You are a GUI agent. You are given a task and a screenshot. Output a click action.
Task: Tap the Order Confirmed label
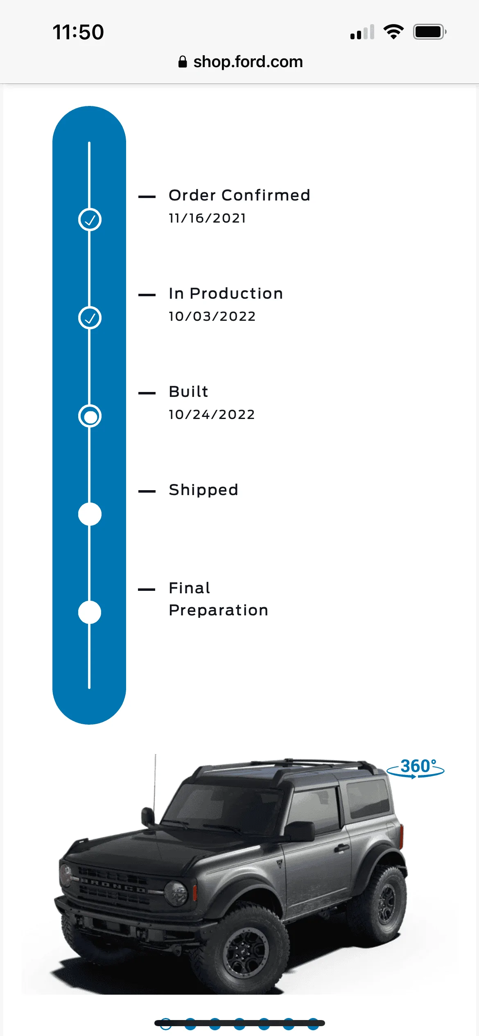pos(239,195)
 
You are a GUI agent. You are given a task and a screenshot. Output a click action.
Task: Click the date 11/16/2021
pos(208,218)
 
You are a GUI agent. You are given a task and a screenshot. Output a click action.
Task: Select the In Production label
pos(226,293)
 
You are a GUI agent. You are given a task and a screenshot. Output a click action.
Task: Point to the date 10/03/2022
pos(212,316)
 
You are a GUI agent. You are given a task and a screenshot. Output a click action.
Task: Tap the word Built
pos(189,392)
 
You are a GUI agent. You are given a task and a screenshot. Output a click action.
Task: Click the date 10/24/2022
pos(212,414)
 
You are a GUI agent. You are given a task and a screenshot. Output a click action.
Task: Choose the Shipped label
pos(203,490)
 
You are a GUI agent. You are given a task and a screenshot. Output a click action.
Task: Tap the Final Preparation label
pos(219,599)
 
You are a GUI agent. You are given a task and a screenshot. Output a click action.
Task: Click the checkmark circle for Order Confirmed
pos(90,220)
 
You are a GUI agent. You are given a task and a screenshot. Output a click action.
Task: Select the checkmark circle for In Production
pos(90,318)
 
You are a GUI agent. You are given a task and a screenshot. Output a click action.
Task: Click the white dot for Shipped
pos(90,514)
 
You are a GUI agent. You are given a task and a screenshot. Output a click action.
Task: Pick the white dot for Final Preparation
pos(90,613)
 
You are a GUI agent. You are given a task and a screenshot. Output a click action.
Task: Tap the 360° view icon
pos(416,768)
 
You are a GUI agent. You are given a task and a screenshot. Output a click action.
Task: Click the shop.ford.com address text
pos(248,62)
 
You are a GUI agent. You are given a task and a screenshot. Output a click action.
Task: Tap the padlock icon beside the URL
pos(183,62)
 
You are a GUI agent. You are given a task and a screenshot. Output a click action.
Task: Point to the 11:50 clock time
pos(78,32)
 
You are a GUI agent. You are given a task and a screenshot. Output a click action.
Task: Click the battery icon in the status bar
pos(429,32)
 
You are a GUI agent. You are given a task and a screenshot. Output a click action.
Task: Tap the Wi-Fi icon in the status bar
pos(393,32)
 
